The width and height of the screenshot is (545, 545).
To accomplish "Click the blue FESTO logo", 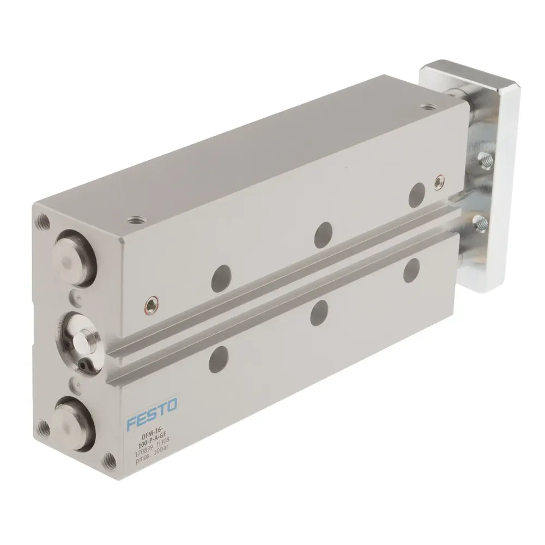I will click(x=151, y=413).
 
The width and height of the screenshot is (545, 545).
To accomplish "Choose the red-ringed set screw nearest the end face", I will click(x=148, y=306).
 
